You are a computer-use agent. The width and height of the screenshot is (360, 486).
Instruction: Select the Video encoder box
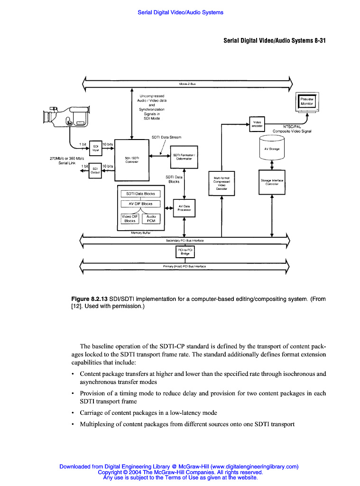pos(257,124)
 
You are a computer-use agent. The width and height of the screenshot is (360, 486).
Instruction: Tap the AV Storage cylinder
pos(271,149)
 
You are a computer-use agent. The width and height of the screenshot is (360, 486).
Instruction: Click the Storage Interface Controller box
pos(271,182)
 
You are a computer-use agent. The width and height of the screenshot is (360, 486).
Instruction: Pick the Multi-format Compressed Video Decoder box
pos(222,183)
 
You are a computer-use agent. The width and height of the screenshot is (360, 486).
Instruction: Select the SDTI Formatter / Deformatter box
pos(184,157)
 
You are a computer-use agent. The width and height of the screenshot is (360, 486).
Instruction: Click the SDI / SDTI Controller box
pos(132,159)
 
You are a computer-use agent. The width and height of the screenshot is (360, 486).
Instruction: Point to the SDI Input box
pos(95,148)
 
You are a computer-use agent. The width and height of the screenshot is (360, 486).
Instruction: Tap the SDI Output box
pos(95,170)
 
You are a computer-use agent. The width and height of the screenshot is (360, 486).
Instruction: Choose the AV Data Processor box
pos(184,208)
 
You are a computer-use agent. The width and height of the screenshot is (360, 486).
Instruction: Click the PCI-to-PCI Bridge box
pos(185,251)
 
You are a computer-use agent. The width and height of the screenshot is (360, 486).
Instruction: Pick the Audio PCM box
pos(151,218)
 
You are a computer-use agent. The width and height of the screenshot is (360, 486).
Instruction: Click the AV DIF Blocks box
pos(141,204)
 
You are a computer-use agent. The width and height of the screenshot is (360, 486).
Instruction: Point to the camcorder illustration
pos(66,117)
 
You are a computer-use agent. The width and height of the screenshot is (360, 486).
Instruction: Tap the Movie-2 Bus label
pos(187,84)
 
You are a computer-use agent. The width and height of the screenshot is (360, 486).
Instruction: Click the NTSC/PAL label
pos(291,127)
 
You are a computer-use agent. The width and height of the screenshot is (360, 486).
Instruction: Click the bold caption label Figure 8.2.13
pos(89,299)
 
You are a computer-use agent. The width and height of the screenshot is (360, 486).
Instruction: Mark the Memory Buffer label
pos(140,233)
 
